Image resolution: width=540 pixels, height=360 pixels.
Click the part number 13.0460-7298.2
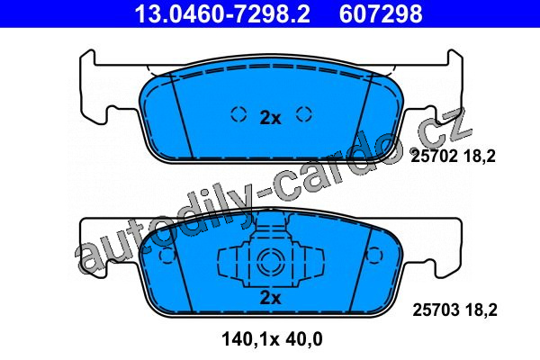[222, 13]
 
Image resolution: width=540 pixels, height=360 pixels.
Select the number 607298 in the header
[381, 13]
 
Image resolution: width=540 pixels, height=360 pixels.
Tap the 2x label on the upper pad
[270, 118]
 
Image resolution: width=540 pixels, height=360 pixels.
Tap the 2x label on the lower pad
[270, 298]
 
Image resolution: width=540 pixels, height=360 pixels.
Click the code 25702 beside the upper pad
[434, 157]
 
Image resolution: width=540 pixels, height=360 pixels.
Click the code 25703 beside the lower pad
[436, 310]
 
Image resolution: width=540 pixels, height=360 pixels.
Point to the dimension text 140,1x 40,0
[272, 339]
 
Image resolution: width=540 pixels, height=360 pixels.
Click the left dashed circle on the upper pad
[238, 114]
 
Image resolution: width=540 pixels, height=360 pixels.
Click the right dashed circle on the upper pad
[304, 114]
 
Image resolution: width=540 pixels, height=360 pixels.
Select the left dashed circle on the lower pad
[167, 256]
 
